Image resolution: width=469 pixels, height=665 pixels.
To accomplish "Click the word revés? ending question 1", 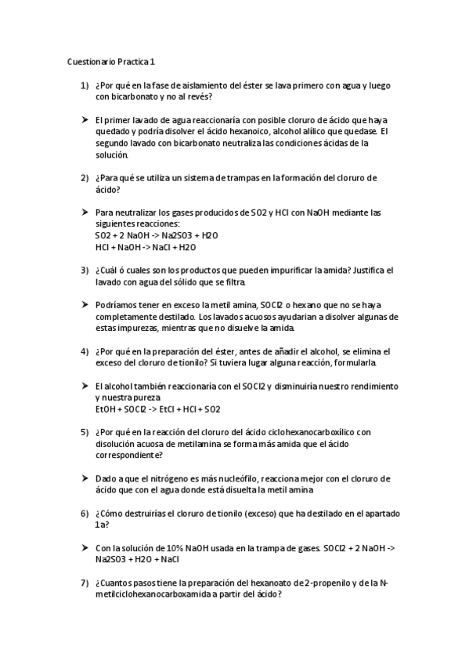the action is click(197, 97).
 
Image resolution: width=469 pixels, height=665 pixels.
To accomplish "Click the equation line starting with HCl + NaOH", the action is click(145, 247).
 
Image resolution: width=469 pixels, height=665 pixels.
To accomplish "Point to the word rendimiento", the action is click(374, 387).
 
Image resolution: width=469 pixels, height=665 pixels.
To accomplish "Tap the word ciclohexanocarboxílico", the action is click(306, 432).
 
